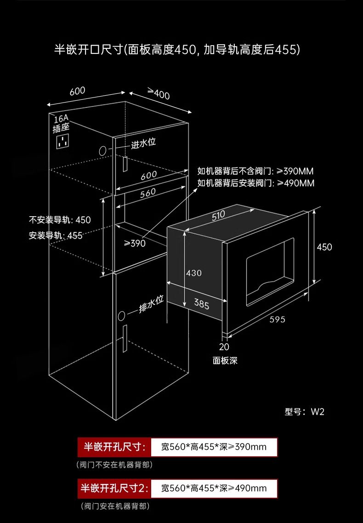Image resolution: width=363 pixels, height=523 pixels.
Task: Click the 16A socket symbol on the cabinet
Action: (62, 141)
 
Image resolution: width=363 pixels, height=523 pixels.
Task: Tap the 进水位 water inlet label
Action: (143, 143)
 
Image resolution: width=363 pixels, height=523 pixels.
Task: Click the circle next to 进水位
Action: (102, 151)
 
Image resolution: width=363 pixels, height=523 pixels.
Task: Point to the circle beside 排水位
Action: (121, 316)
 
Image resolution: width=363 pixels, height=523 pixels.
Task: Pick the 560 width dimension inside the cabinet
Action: (148, 193)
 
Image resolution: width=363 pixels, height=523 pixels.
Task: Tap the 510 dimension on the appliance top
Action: (218, 215)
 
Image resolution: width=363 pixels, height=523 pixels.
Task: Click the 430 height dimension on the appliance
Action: (193, 273)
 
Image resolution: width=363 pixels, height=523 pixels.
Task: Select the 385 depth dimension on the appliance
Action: (202, 304)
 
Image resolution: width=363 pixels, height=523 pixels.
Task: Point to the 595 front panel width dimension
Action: (278, 319)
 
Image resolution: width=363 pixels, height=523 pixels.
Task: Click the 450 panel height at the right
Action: (324, 247)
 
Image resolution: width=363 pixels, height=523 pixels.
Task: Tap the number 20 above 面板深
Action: (224, 347)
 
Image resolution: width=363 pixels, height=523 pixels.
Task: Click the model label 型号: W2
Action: (304, 412)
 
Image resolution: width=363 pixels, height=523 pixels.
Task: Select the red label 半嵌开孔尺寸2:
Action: (114, 489)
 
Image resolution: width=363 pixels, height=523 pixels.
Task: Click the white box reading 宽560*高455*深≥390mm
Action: (214, 447)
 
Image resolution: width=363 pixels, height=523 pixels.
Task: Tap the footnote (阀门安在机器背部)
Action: (115, 506)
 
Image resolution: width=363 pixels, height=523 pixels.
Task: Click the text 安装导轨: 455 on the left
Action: (55, 236)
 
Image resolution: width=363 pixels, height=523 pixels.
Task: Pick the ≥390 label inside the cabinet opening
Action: (135, 243)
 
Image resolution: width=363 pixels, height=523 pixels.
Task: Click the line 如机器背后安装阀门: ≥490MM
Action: (255, 183)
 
